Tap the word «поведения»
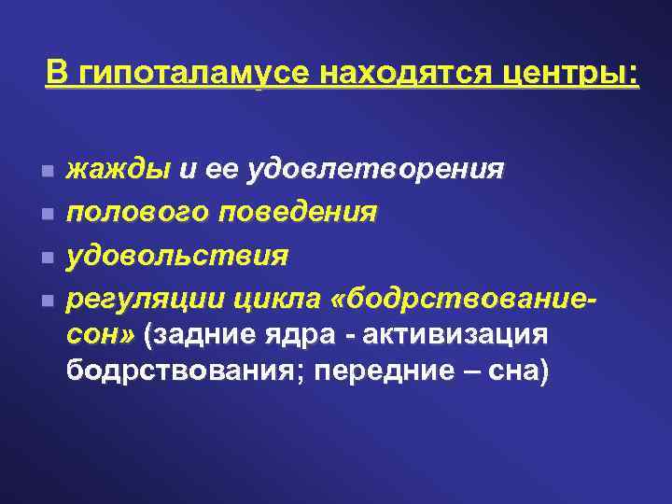[x=298, y=212]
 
